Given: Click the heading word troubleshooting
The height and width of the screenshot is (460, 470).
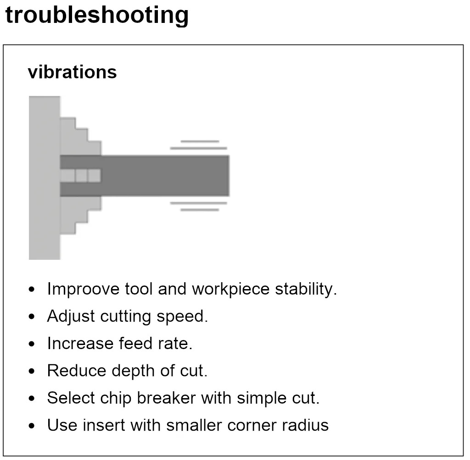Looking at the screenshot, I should click(97, 15).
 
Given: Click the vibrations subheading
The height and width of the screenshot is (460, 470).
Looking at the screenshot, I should click(72, 72).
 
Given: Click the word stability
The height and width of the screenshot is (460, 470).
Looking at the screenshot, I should click(306, 289).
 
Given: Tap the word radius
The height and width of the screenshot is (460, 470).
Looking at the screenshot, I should click(308, 425).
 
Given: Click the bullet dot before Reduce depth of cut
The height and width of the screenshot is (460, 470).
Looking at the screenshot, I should click(31, 371).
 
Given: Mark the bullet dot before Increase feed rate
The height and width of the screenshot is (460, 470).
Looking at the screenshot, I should click(31, 344).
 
